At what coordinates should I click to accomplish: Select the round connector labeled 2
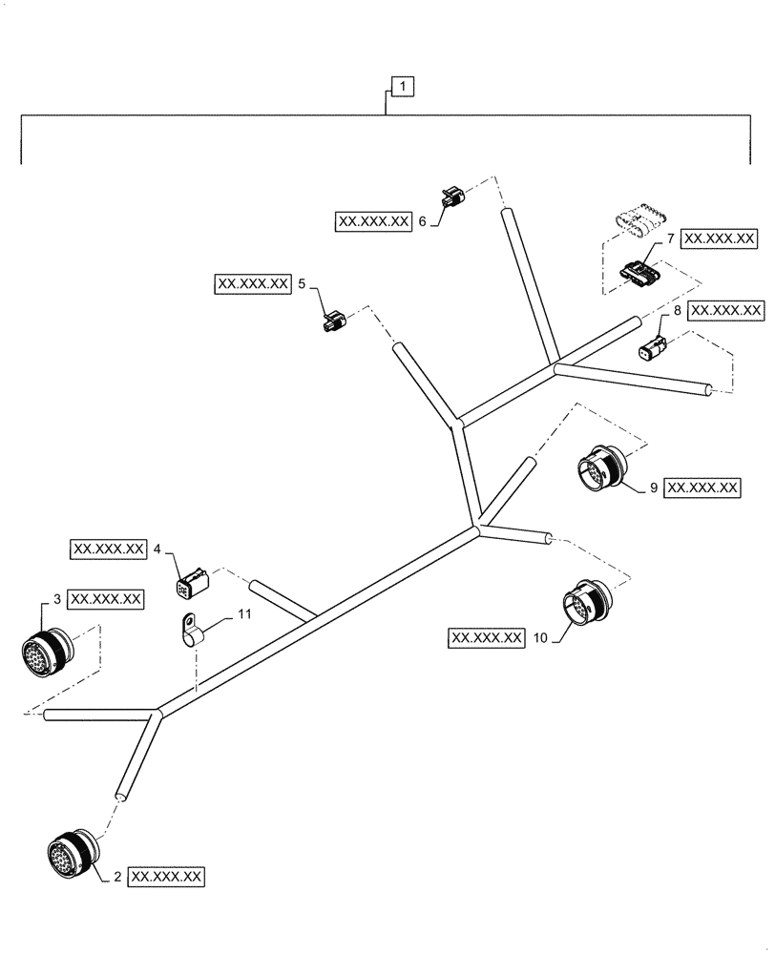(x=70, y=850)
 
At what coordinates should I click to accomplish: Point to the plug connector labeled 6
(x=452, y=199)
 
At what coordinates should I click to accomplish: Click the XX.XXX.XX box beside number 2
(x=167, y=875)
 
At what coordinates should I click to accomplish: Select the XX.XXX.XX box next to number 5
(x=253, y=283)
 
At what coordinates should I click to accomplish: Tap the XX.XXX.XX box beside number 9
(x=703, y=487)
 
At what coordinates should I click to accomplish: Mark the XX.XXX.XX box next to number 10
(x=486, y=637)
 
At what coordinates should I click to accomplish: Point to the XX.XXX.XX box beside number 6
(x=373, y=221)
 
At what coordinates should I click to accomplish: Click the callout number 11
(x=244, y=615)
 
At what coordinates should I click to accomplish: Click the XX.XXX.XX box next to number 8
(x=726, y=311)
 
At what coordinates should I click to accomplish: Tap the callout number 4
(x=157, y=550)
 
